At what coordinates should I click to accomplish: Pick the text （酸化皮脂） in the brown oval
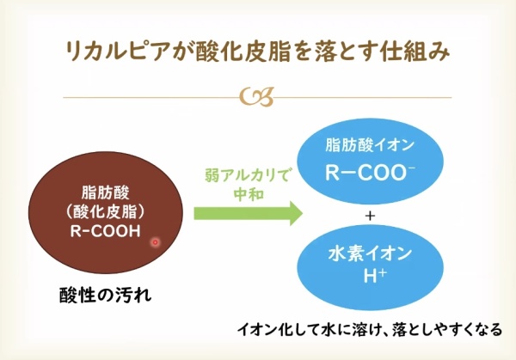click(x=104, y=211)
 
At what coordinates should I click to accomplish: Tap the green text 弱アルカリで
click(x=245, y=176)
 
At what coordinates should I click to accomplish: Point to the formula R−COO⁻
click(x=370, y=172)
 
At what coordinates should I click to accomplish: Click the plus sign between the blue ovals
click(x=370, y=215)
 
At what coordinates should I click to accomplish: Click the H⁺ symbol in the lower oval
click(x=371, y=278)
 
